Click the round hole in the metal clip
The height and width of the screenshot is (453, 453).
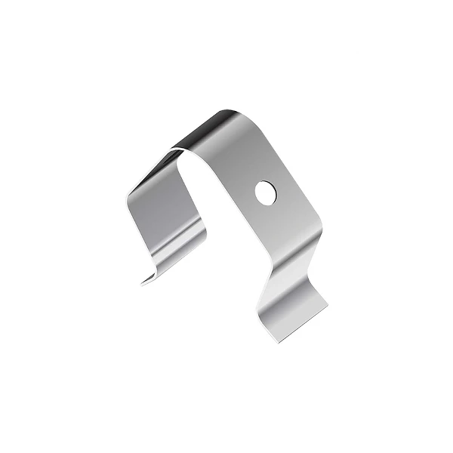(265, 193)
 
